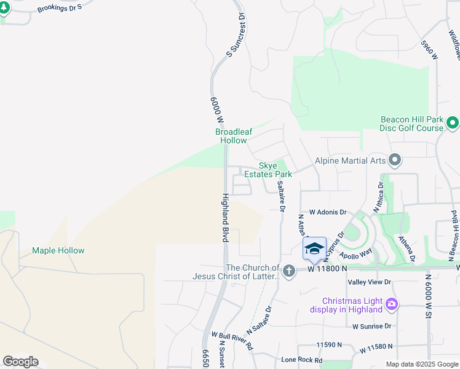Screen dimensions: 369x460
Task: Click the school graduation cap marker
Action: coord(314,248)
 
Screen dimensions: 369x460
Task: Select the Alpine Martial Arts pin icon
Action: coord(395,161)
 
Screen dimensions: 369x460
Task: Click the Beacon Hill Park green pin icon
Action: coord(453,124)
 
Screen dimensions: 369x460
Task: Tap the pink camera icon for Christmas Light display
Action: coord(392,304)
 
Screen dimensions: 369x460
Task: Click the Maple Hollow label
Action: coord(58,251)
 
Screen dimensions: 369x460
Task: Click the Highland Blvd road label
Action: coord(225,217)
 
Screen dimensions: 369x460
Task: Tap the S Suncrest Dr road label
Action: coord(237,36)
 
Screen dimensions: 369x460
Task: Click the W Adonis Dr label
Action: coord(328,211)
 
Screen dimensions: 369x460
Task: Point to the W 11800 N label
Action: coord(328,269)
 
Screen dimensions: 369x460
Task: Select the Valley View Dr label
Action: coord(370,282)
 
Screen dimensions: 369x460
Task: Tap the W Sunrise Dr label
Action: coord(372,326)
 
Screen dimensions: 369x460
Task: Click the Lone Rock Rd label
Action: coord(301,360)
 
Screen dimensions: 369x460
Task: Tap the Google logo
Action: coord(20,362)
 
